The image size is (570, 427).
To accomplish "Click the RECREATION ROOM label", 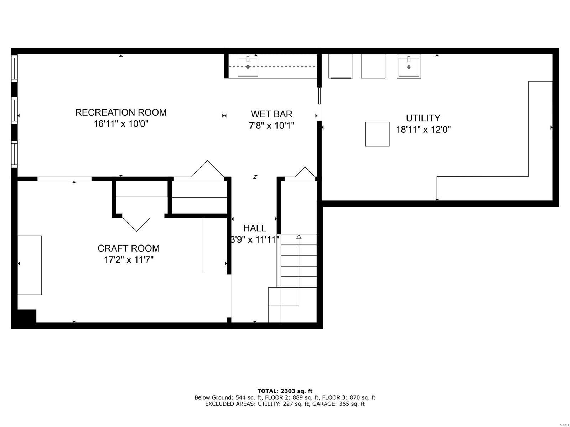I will click(x=121, y=112).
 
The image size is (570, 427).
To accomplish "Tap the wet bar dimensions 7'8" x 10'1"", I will click(x=271, y=126).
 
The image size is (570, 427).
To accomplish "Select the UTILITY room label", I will click(x=423, y=118).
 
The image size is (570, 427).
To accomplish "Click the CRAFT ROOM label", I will click(x=129, y=248).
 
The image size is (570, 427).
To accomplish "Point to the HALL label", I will click(x=254, y=228).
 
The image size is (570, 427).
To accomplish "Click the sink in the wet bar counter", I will click(x=248, y=67).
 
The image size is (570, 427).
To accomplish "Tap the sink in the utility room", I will click(x=409, y=66).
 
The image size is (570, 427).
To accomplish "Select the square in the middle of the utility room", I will click(x=377, y=134).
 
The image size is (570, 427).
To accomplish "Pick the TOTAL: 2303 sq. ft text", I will click(x=285, y=391).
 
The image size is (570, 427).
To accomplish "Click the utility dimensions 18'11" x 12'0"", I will click(x=423, y=130).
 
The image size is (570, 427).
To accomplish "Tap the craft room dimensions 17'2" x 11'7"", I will click(x=129, y=260).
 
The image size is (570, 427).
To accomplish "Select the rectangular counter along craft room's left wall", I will click(x=30, y=265).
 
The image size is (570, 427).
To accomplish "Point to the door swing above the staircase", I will click(x=305, y=172).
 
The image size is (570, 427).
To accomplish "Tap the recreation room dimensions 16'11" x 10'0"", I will click(x=121, y=124).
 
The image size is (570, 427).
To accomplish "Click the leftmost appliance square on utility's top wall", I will click(x=341, y=66).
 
